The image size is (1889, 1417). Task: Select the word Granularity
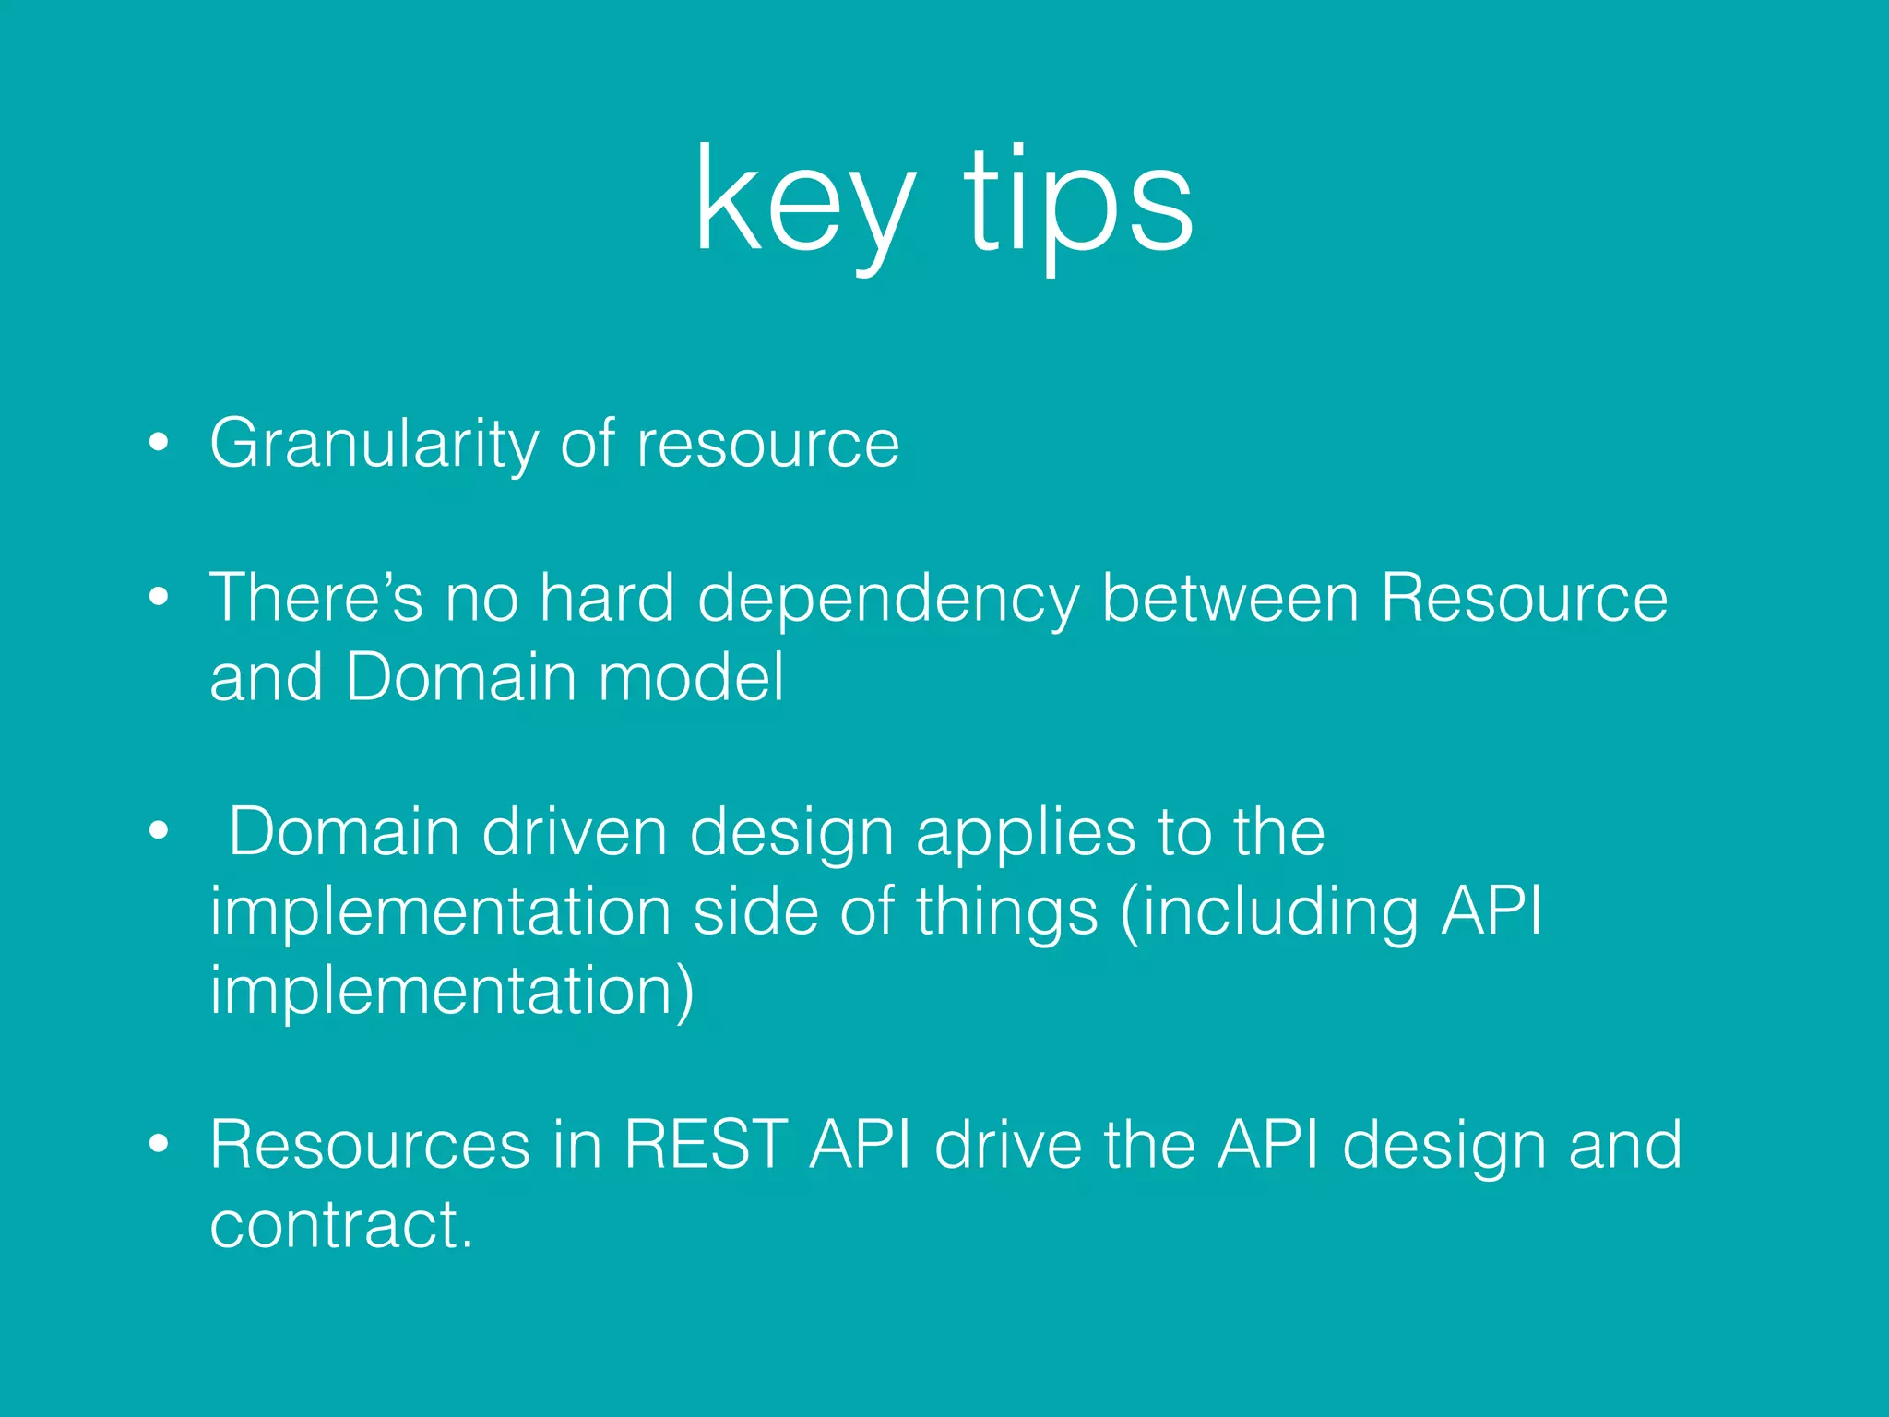point(374,445)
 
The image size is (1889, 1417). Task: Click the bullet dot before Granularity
point(159,443)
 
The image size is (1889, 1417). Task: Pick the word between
point(1230,598)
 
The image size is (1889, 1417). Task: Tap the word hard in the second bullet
point(607,598)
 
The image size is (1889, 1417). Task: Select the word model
point(692,678)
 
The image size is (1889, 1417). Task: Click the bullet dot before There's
point(159,598)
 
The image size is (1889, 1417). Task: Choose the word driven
point(574,832)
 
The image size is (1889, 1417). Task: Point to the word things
point(1006,913)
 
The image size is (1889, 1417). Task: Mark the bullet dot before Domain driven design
point(159,831)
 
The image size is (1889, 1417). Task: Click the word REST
point(706,1145)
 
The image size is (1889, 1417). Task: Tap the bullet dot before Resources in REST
point(159,1145)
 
